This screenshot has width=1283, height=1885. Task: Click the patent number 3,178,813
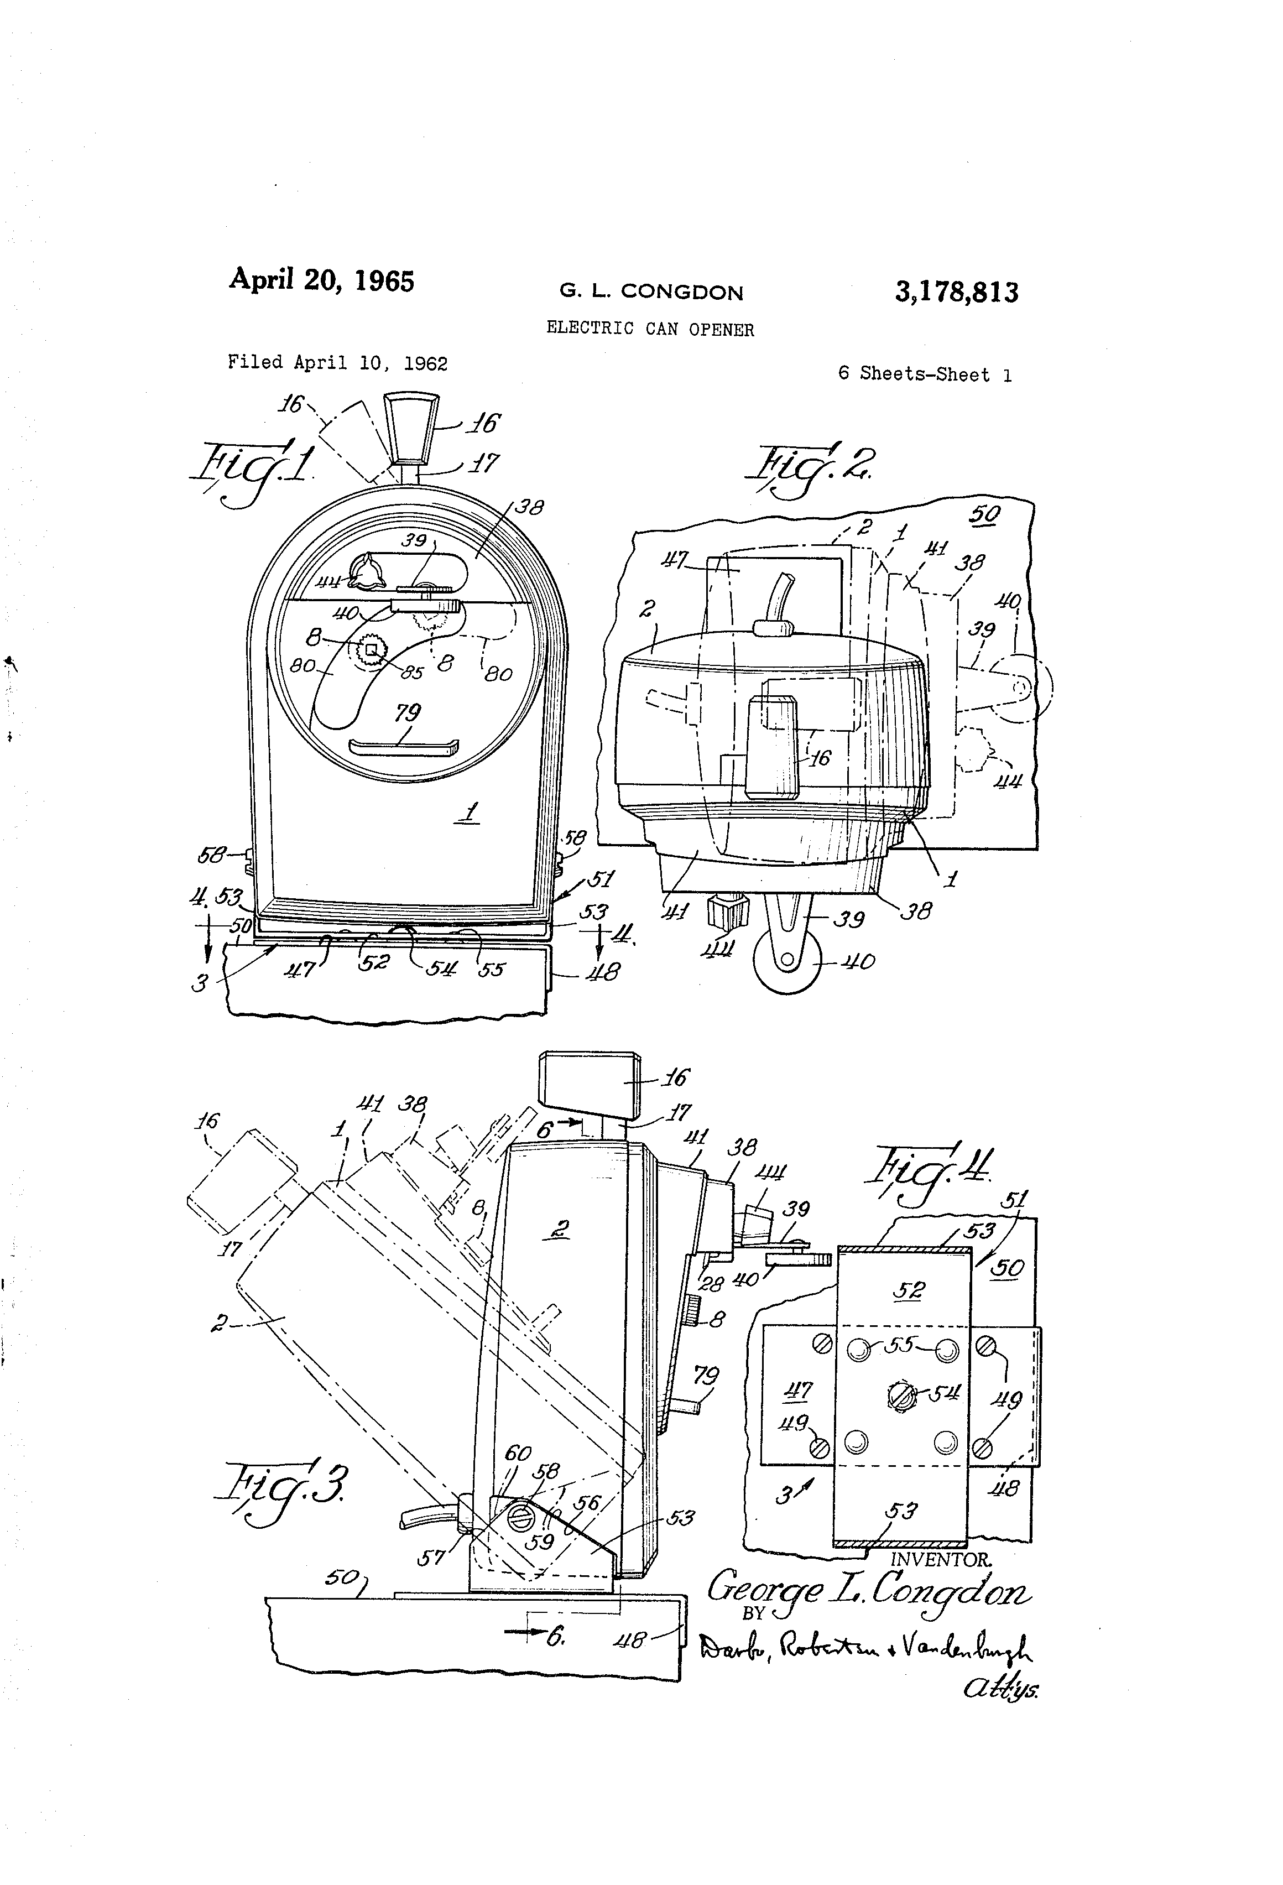(x=956, y=292)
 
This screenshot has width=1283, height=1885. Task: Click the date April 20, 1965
(x=321, y=280)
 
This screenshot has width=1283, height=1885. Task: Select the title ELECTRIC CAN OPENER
(x=650, y=329)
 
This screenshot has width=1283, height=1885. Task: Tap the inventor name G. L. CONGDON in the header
(x=650, y=292)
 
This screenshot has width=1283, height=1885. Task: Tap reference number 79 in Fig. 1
(x=408, y=712)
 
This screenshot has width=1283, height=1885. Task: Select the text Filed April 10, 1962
(x=337, y=362)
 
